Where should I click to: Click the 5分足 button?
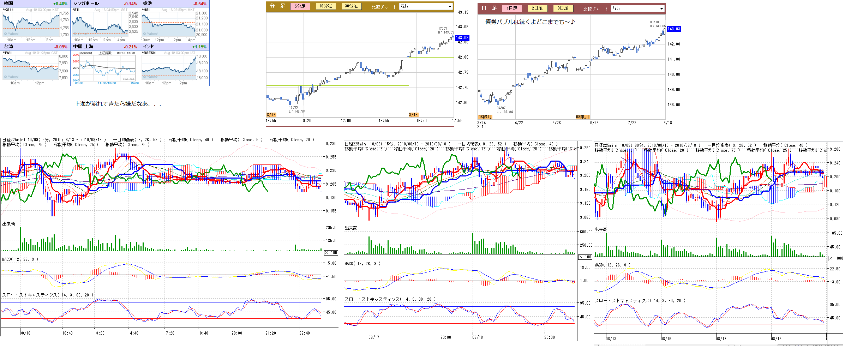click(300, 6)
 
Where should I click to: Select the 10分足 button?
click(325, 6)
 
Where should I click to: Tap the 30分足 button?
click(351, 6)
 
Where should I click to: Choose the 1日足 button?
click(512, 8)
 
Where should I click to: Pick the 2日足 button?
click(537, 8)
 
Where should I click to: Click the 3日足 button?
click(563, 8)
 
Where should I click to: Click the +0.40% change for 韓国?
click(60, 4)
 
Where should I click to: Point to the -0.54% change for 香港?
click(200, 4)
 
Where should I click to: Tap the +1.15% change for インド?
click(199, 47)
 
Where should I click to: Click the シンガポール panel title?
click(86, 4)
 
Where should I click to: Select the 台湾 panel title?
click(8, 47)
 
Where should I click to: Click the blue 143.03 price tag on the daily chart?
click(674, 29)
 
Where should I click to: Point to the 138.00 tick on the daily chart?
click(673, 105)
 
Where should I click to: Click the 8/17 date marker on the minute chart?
click(271, 115)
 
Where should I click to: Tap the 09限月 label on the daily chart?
click(582, 117)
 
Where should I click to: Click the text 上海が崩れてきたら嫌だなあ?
click(118, 104)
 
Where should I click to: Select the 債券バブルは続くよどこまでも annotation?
click(530, 22)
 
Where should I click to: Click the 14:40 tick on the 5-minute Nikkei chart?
click(133, 333)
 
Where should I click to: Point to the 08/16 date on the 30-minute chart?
click(666, 338)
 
